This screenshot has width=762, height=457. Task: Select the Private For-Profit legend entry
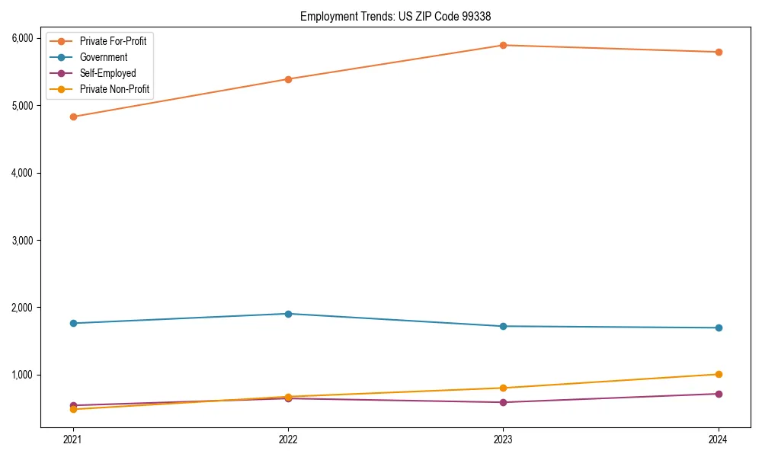(x=113, y=41)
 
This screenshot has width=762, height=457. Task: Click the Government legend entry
(x=104, y=57)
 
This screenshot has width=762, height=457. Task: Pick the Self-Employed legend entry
(x=107, y=74)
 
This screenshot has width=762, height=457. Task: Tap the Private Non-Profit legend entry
(x=114, y=90)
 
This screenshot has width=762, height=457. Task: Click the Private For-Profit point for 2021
(x=73, y=117)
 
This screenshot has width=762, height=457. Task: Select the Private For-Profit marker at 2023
(x=503, y=45)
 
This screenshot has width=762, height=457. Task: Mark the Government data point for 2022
(x=288, y=314)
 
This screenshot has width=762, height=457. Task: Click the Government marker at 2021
(x=73, y=323)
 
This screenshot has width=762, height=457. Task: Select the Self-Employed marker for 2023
(x=503, y=402)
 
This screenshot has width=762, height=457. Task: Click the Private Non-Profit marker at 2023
(x=503, y=388)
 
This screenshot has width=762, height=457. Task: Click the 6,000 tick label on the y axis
(x=21, y=38)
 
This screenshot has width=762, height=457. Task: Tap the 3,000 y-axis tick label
(x=21, y=240)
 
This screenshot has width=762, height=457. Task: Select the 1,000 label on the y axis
(x=21, y=375)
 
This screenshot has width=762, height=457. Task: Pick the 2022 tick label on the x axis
(x=288, y=439)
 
